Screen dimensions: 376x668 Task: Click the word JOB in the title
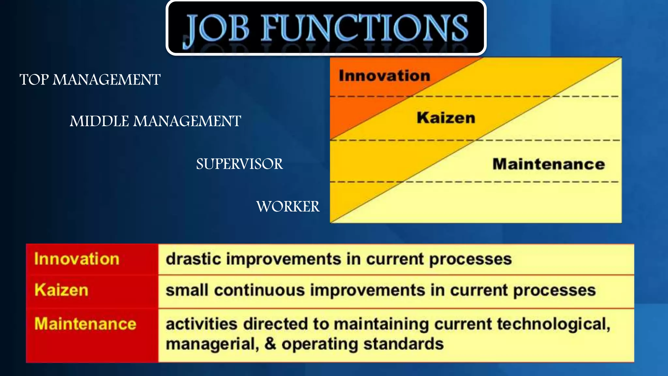click(217, 29)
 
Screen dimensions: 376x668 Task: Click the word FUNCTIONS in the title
click(365, 29)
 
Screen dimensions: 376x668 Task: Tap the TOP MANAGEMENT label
click(90, 80)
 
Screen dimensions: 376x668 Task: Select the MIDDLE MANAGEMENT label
click(155, 121)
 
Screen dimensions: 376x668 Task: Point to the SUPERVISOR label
click(239, 164)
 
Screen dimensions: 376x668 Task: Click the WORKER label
click(288, 207)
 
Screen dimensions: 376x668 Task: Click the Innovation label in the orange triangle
click(385, 76)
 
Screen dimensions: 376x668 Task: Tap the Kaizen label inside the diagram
click(446, 118)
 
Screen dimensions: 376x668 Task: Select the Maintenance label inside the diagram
click(549, 164)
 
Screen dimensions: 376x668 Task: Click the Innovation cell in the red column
click(77, 259)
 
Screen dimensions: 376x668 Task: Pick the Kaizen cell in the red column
click(61, 290)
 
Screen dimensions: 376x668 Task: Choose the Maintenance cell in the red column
click(85, 324)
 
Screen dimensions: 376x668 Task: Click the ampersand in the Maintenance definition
click(270, 344)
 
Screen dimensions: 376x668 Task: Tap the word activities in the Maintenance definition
click(201, 324)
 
